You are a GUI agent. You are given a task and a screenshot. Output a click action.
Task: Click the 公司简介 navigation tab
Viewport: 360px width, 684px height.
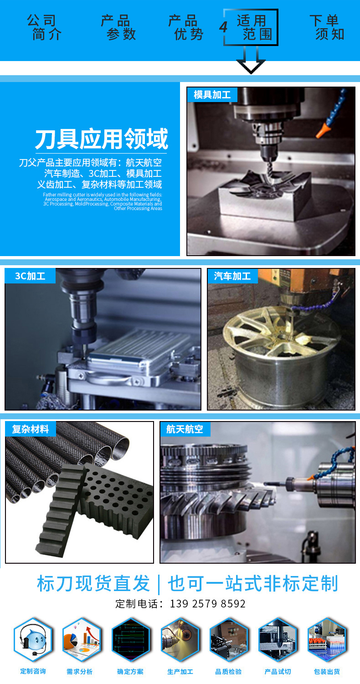pyautogui.click(x=44, y=27)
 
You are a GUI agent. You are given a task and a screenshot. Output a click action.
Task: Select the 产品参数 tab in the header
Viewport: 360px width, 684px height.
pyautogui.click(x=118, y=27)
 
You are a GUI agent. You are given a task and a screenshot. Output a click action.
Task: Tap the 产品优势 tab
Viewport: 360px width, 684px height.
pyautogui.click(x=186, y=27)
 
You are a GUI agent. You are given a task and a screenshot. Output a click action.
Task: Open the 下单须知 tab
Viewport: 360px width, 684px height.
pyautogui.click(x=327, y=27)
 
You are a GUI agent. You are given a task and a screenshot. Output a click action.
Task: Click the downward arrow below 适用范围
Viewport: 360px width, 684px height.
pyautogui.click(x=251, y=60)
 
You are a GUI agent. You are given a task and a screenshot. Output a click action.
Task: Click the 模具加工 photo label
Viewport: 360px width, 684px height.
pyautogui.click(x=212, y=95)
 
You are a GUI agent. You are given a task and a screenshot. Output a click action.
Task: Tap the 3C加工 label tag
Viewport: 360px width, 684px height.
pyautogui.click(x=30, y=276)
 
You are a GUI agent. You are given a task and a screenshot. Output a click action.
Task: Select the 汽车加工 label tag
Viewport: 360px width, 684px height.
pyautogui.click(x=232, y=276)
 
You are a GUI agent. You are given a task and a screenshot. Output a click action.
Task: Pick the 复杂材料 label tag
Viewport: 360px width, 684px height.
pyautogui.click(x=31, y=429)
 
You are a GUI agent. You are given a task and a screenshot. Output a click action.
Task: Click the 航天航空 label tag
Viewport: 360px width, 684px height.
pyautogui.click(x=185, y=429)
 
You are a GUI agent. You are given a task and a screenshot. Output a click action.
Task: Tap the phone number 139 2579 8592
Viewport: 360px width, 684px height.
pyautogui.click(x=208, y=604)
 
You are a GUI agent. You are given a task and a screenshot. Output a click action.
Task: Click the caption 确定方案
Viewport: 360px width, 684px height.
pyautogui.click(x=130, y=672)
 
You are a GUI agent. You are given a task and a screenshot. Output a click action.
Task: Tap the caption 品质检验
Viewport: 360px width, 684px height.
pyautogui.click(x=228, y=672)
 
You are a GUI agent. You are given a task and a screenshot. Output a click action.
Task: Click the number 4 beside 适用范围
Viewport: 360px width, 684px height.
pyautogui.click(x=223, y=27)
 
